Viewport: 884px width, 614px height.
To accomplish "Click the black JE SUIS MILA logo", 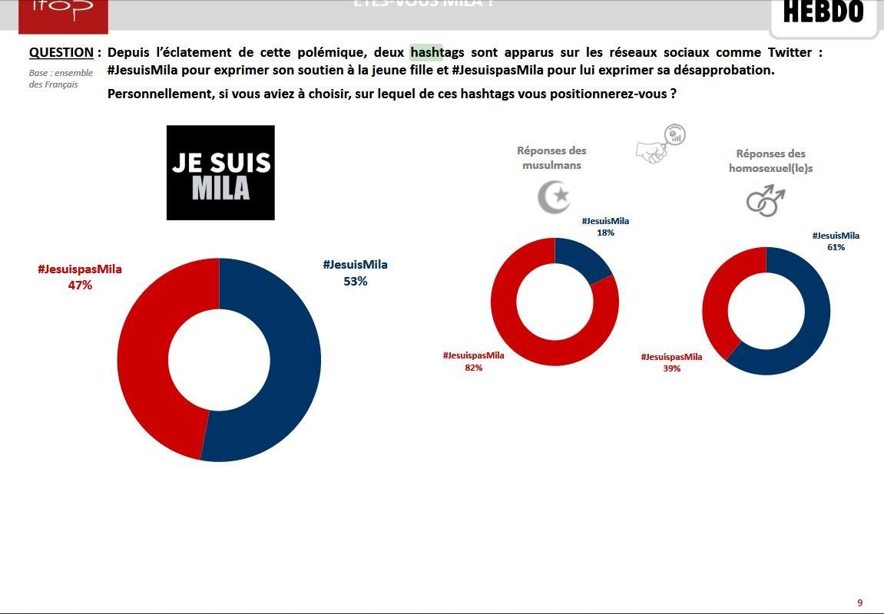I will (x=220, y=173).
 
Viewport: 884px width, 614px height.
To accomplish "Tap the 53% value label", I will (x=355, y=281).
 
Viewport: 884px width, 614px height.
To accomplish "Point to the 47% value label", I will (x=80, y=285).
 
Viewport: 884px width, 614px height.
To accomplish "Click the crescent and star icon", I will (x=554, y=196).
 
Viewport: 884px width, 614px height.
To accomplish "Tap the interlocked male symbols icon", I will (x=766, y=201).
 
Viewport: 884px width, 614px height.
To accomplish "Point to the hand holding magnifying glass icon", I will (x=661, y=144).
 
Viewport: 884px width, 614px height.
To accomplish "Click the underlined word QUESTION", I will (x=61, y=53).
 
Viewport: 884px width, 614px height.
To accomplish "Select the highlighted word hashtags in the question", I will (x=437, y=53).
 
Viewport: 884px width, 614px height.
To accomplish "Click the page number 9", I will (x=860, y=602).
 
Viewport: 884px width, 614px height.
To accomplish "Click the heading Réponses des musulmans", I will (x=551, y=158).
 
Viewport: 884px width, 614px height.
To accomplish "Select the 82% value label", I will (x=473, y=368).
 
